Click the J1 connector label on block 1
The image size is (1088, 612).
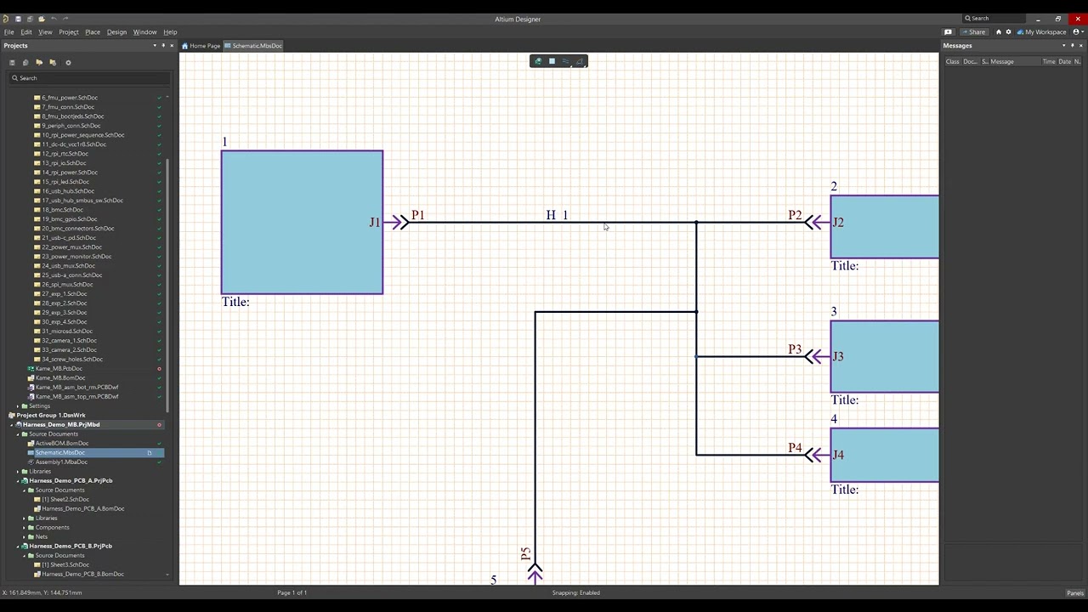coord(374,223)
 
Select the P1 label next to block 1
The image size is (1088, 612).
coord(417,215)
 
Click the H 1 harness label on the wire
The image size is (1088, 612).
coord(557,215)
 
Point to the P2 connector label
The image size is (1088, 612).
coord(795,215)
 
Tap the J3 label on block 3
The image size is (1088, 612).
coord(838,356)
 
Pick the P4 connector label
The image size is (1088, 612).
coord(795,448)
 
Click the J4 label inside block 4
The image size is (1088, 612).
coord(838,455)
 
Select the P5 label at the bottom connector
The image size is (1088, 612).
coord(525,554)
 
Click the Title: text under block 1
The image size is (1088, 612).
coord(235,302)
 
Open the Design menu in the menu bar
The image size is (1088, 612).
coord(116,32)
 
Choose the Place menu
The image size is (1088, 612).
coord(92,32)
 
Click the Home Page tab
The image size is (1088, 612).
coord(204,46)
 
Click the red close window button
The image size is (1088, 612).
coord(1078,19)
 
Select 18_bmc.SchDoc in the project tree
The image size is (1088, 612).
coord(62,210)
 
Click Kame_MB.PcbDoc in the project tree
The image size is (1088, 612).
coord(59,369)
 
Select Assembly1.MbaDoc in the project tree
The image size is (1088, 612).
coord(61,462)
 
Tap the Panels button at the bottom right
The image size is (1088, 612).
coord(1074,593)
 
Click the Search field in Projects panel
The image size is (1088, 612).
coord(89,78)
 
